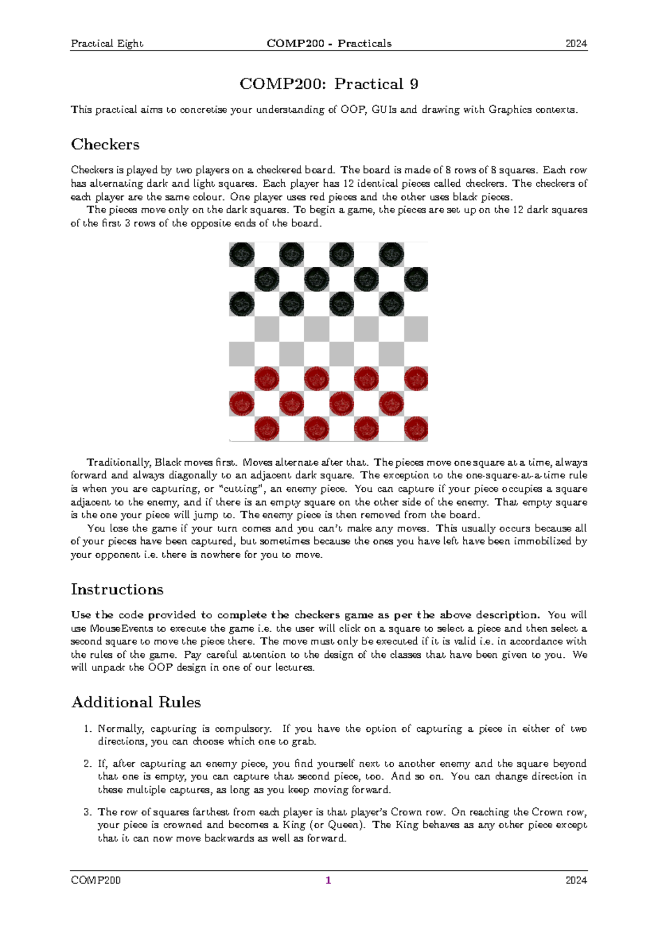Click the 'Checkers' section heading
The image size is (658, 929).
click(105, 145)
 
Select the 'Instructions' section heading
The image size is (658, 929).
click(117, 589)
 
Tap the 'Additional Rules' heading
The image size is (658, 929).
click(136, 702)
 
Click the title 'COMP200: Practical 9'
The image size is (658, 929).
click(328, 84)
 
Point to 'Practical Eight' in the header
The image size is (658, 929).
click(107, 44)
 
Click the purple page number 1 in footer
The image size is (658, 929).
click(328, 880)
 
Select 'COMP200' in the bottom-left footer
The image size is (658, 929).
click(96, 880)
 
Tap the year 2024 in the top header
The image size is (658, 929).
click(576, 44)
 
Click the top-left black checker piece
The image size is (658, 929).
click(242, 255)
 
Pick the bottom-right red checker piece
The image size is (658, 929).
click(416, 429)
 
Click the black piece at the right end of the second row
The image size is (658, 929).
click(416, 279)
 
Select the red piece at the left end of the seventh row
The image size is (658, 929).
click(242, 404)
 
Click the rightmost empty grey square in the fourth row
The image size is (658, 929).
click(416, 329)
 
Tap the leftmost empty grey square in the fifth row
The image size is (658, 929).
click(242, 354)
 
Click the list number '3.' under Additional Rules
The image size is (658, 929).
click(88, 812)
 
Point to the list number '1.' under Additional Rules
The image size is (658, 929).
click(88, 729)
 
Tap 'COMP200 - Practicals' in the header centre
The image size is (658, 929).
click(329, 44)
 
